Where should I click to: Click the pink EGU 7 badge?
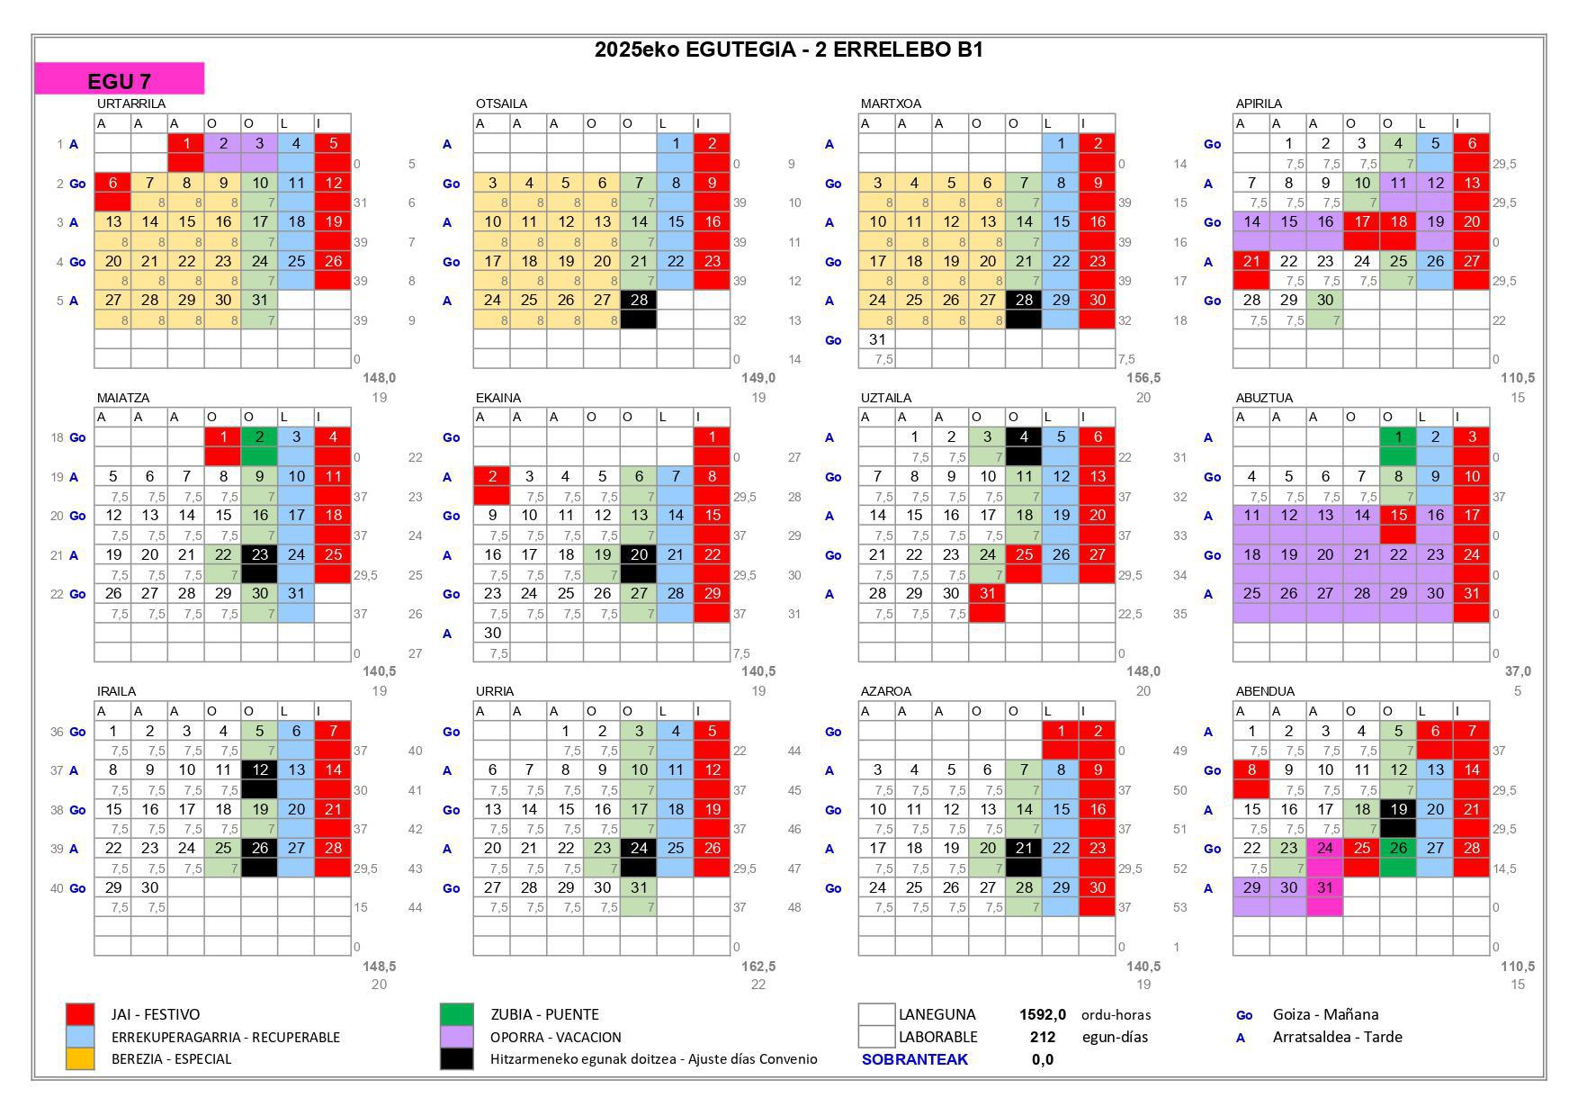click(119, 79)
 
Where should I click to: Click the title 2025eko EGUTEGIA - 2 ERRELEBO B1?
click(788, 49)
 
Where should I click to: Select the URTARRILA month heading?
click(131, 103)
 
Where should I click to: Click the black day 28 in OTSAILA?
click(639, 301)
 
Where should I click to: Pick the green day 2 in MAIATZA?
click(259, 437)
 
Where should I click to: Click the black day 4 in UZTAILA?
click(1024, 437)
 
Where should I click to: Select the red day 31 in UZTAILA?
click(987, 594)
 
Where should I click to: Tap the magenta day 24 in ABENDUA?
click(1324, 849)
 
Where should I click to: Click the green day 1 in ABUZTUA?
click(1397, 437)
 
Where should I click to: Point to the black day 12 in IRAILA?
click(259, 770)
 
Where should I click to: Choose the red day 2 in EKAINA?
click(492, 477)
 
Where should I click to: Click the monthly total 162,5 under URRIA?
click(758, 967)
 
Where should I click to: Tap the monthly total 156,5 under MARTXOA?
click(1143, 378)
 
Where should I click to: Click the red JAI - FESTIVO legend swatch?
click(80, 1014)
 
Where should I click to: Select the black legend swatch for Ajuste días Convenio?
click(457, 1058)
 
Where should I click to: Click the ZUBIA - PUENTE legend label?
click(544, 1014)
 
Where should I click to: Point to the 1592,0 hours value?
click(1042, 1014)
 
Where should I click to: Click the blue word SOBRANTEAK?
click(914, 1059)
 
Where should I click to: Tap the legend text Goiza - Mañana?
click(1324, 1014)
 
